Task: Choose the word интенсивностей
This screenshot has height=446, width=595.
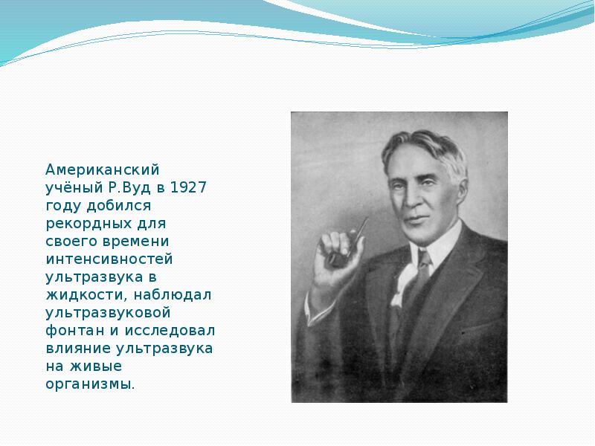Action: (x=109, y=259)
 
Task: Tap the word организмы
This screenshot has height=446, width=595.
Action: (x=90, y=384)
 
